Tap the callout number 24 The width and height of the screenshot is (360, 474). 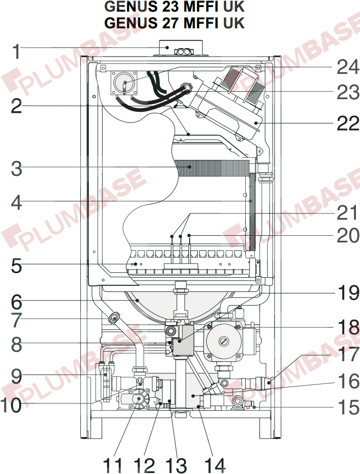coord(348,66)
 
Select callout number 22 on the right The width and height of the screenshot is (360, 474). coord(348,123)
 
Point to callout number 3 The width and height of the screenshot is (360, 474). coord(17,169)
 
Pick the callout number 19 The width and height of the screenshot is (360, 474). coord(348,293)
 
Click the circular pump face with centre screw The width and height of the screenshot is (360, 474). coord(220,342)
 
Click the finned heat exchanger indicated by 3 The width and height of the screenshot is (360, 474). coord(212,166)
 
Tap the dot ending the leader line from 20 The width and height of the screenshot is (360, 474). coord(189,236)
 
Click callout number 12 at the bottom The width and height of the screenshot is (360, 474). coord(145,464)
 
